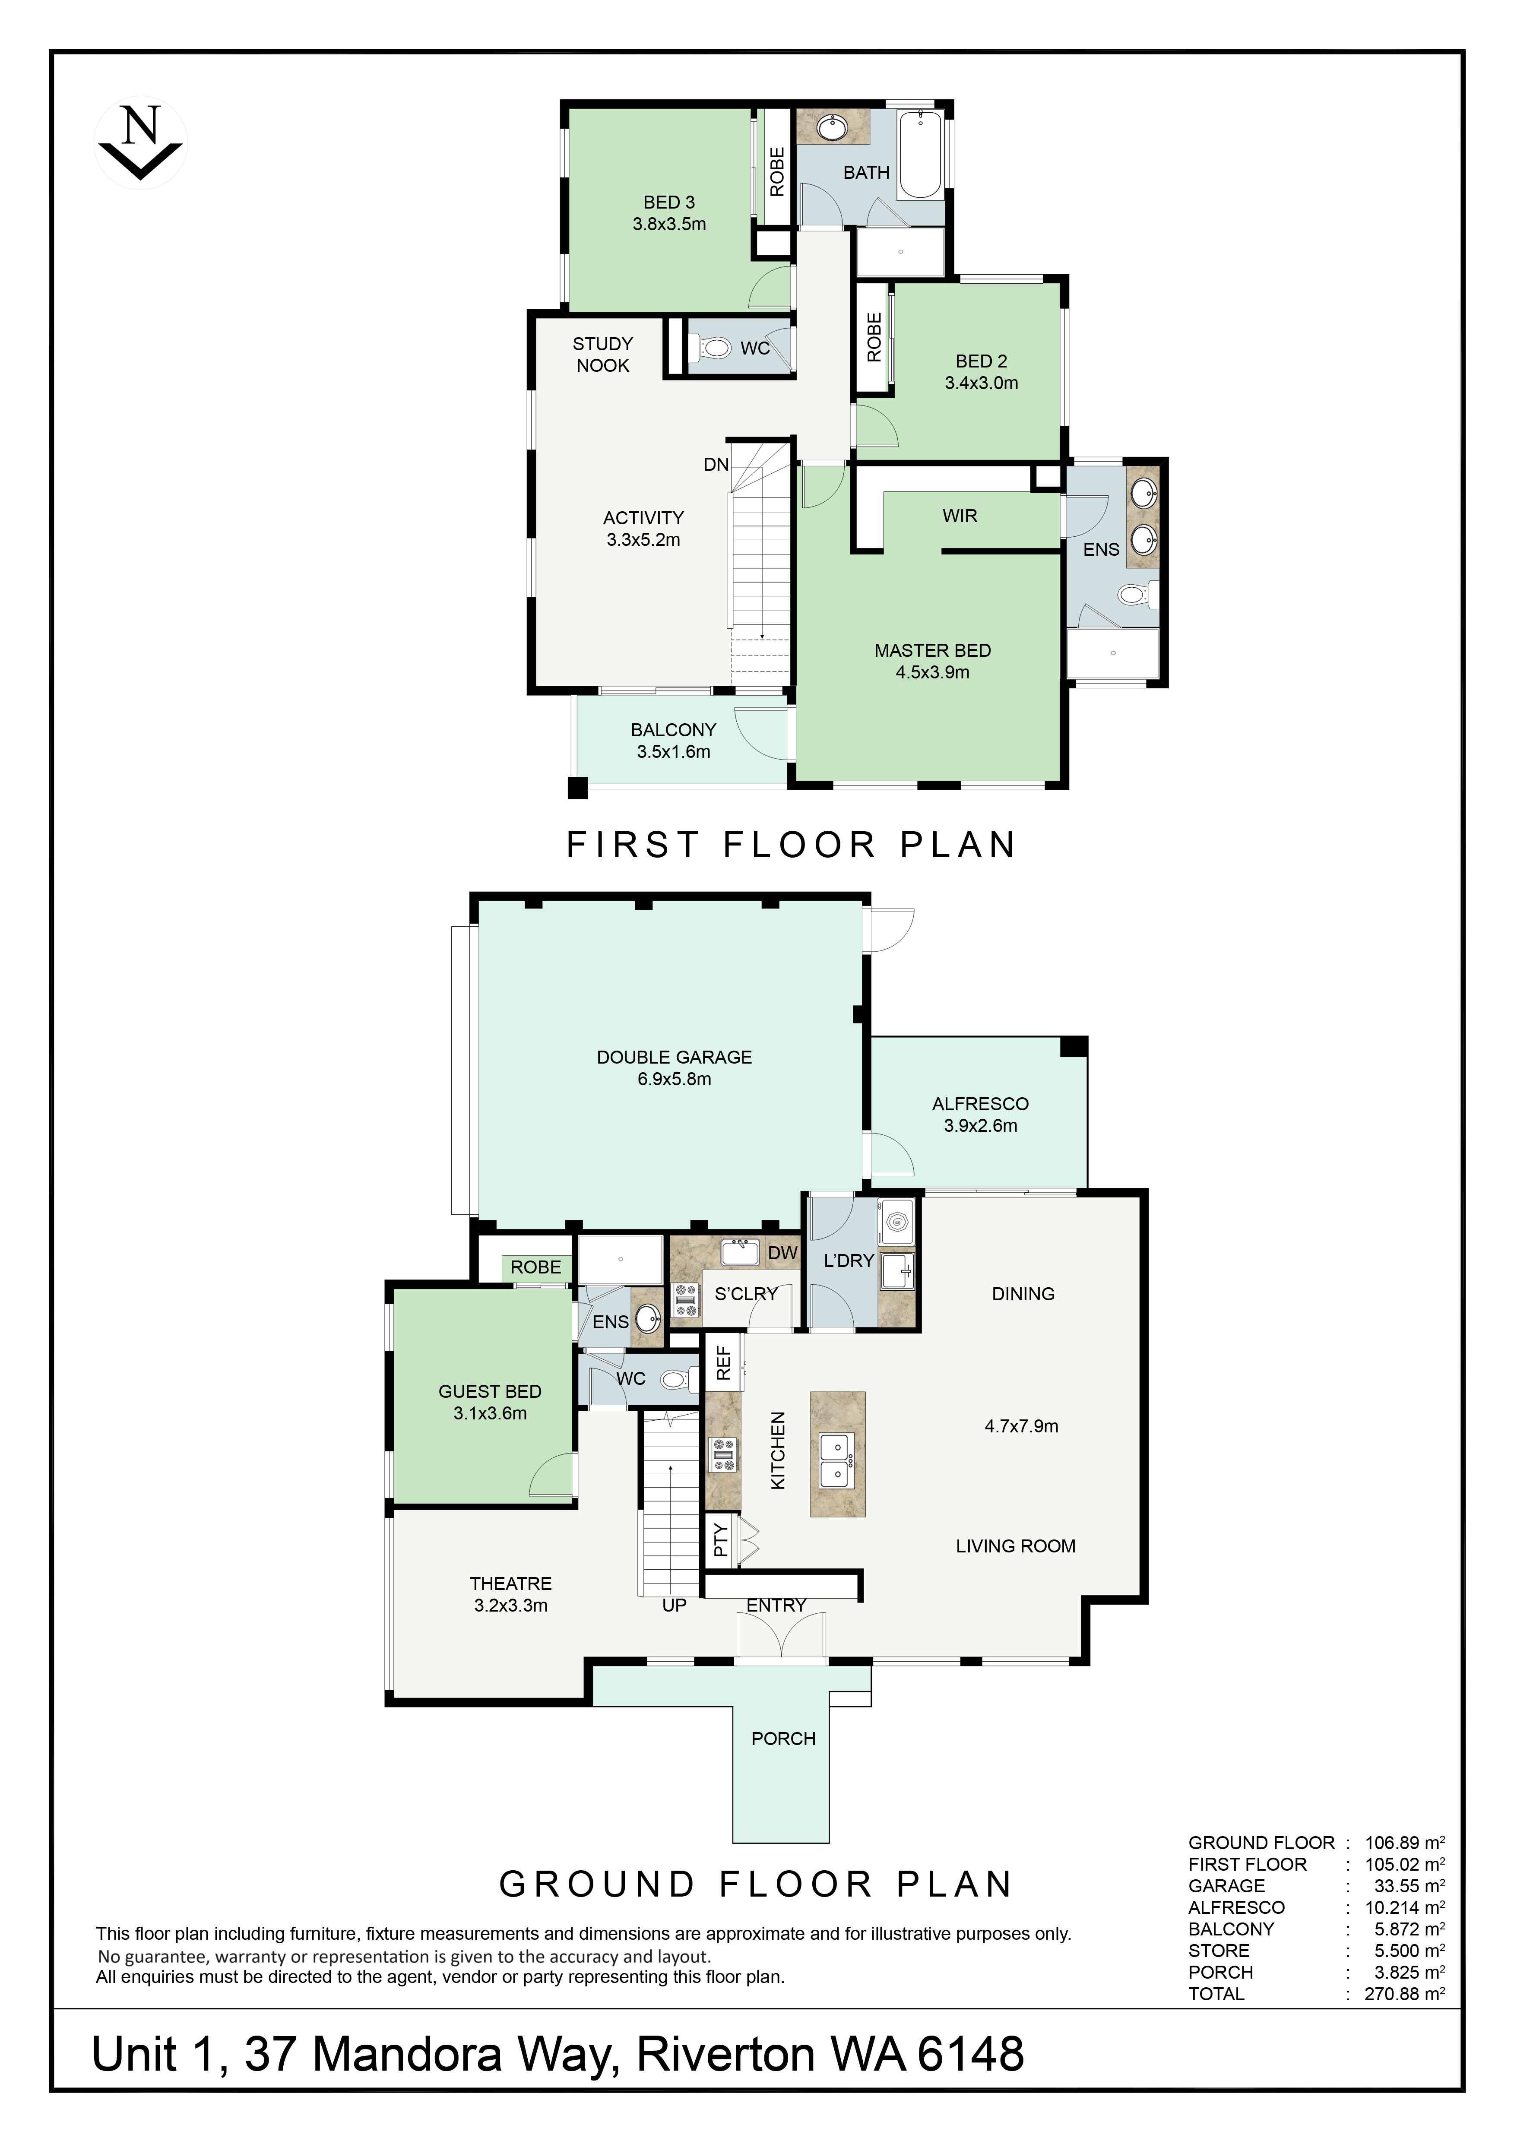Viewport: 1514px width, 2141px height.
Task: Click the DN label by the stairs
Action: [x=716, y=464]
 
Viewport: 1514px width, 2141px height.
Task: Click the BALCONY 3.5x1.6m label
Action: [x=673, y=741]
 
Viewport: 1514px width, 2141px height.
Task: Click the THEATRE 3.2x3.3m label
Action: [x=511, y=1593]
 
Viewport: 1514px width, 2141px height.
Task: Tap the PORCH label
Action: [x=783, y=1738]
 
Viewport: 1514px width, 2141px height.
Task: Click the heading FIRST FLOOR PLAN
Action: [x=791, y=845]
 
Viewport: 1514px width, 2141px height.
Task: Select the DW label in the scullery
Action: [x=783, y=1252]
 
